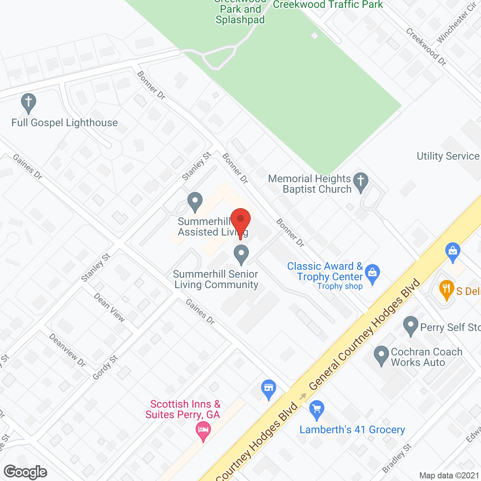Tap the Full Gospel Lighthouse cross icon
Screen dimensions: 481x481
[29, 103]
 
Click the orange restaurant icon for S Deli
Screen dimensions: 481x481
[446, 289]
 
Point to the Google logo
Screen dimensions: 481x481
[26, 472]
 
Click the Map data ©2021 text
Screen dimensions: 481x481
[449, 475]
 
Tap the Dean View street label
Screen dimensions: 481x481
[109, 307]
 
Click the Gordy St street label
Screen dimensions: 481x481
[105, 368]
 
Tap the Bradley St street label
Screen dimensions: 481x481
[397, 458]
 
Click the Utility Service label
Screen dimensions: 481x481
[448, 156]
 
